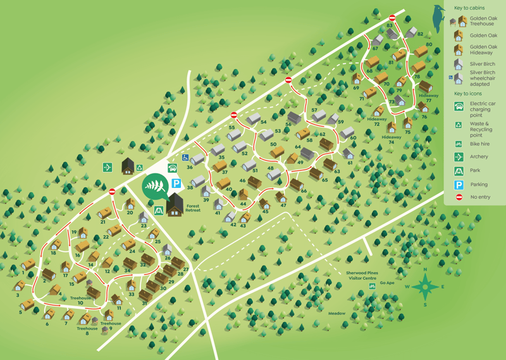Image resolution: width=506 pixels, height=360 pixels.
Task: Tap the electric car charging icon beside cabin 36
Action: point(173,169)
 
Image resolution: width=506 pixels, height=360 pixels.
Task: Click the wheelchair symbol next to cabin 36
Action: point(185,158)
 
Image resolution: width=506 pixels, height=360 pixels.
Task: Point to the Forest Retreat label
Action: point(193,208)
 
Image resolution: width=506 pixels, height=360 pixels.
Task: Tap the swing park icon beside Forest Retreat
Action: point(159,210)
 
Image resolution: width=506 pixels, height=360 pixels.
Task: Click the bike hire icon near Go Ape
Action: point(373,287)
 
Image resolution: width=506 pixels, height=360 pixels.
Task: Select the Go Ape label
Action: point(387,283)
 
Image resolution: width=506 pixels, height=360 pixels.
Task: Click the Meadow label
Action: point(336,313)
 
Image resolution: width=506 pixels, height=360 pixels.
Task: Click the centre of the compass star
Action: point(426,287)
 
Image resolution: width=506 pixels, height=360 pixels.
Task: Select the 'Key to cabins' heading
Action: point(469,8)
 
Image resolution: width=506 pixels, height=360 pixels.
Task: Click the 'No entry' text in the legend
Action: point(480,197)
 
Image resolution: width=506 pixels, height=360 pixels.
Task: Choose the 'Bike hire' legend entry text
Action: point(479,144)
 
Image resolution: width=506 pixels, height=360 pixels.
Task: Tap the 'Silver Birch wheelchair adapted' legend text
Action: point(483,78)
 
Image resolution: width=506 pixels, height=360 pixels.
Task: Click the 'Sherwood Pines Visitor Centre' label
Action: point(361,276)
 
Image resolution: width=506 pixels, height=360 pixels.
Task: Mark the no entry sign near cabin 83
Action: point(392,18)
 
